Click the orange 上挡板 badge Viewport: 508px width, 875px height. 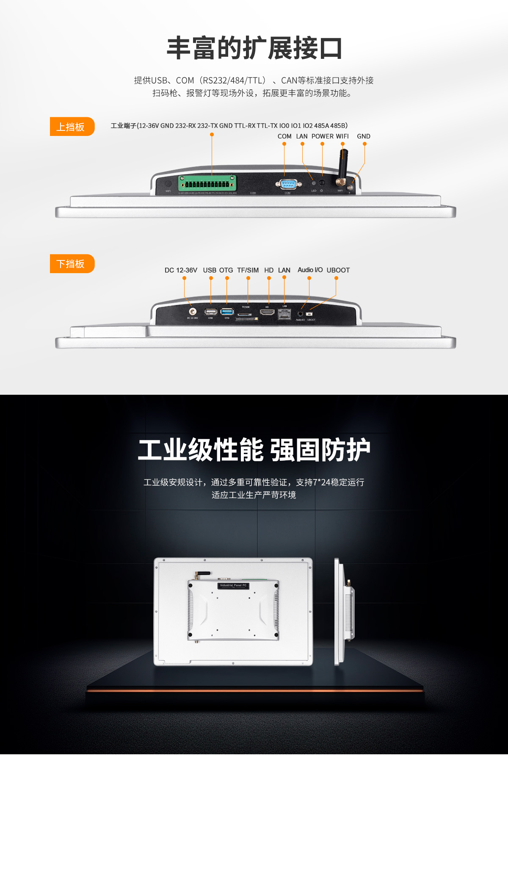coord(72,127)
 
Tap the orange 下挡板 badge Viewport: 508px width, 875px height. coord(72,264)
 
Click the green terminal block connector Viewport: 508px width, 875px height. coord(207,183)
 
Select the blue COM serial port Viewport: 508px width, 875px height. coord(288,184)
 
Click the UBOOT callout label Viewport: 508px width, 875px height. coord(338,270)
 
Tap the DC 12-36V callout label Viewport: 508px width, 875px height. coord(181,270)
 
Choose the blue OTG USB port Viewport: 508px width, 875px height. coord(227,312)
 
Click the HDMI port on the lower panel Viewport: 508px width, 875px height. coord(267,313)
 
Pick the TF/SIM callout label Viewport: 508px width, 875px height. coord(248,270)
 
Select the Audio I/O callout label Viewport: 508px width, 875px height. coord(310,270)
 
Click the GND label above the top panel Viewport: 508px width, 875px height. coord(363,136)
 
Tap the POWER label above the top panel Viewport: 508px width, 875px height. coord(323,136)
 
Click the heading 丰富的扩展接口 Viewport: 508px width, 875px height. coord(254,48)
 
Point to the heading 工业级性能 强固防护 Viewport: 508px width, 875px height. coord(254,450)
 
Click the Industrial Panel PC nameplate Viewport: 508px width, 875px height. coord(233,585)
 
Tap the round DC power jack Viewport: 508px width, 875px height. coord(192,312)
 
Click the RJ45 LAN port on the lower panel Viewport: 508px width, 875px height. coord(284,314)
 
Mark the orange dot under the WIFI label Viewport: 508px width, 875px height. coord(342,144)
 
